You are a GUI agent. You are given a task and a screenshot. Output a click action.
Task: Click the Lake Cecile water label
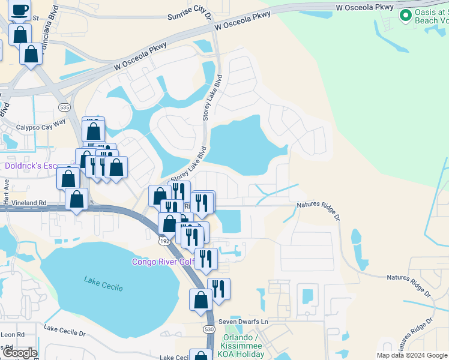pyautogui.click(x=104, y=284)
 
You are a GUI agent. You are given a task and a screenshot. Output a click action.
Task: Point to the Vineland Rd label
pyautogui.click(x=25, y=203)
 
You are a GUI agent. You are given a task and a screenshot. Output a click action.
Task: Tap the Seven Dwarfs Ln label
pyautogui.click(x=243, y=321)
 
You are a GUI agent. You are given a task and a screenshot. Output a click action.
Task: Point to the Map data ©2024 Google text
pyautogui.click(x=412, y=355)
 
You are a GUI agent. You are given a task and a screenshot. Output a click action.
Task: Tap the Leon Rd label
pyautogui.click(x=12, y=334)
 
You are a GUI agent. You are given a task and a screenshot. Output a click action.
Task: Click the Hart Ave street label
pyautogui.click(x=7, y=192)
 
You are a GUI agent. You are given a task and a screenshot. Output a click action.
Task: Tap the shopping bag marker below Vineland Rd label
pyautogui.click(x=77, y=199)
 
